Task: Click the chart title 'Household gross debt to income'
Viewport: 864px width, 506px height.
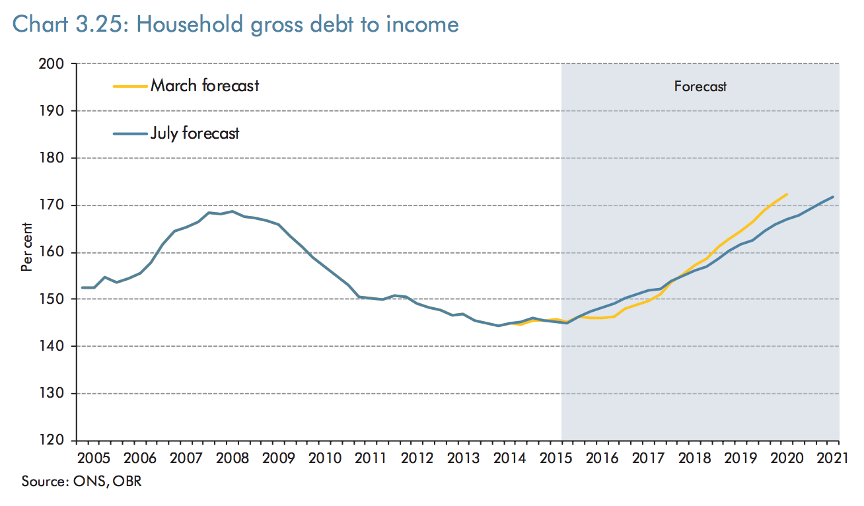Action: point(235,24)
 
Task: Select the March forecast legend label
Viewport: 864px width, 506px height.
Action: point(205,85)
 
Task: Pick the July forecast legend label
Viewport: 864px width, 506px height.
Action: point(195,133)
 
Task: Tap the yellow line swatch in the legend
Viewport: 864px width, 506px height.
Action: point(129,86)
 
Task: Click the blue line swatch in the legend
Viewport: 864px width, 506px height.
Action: point(129,133)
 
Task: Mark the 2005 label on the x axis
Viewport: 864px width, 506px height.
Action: point(94,457)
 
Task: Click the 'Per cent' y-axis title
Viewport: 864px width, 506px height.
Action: point(27,252)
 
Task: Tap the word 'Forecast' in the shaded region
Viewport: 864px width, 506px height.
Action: point(700,87)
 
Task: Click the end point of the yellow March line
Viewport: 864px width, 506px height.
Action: point(787,194)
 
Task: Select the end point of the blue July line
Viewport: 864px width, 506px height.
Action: point(834,197)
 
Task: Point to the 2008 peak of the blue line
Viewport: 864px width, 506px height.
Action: point(232,211)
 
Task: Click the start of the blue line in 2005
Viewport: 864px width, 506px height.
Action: point(83,287)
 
